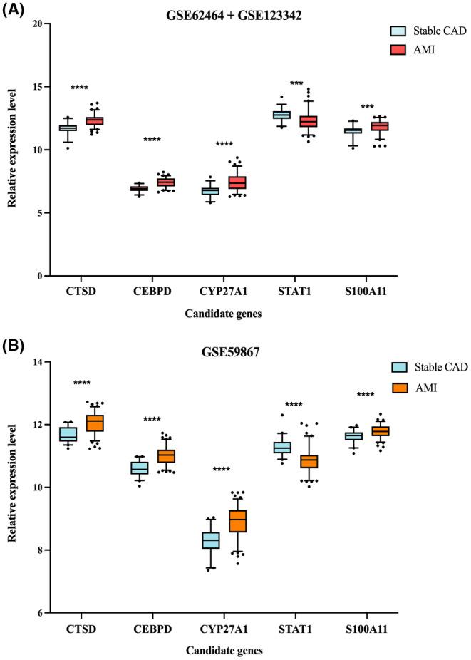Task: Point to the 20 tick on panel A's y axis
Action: tap(43, 24)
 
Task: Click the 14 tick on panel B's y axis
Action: tap(43, 362)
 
